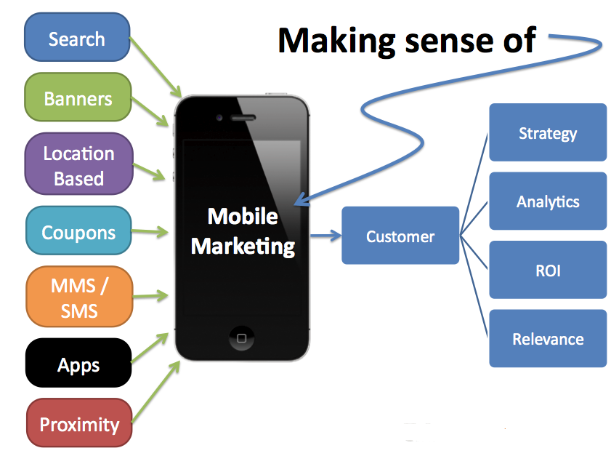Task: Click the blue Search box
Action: coord(77,39)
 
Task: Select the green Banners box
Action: coord(78,98)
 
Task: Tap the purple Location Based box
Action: coord(78,166)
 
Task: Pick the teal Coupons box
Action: coord(78,233)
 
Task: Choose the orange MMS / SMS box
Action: coord(79,298)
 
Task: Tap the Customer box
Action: coord(400,236)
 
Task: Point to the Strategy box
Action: coord(548,132)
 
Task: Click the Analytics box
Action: coord(548,201)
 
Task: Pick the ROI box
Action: coord(548,271)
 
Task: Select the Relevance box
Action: coord(548,339)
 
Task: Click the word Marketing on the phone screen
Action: coord(243,246)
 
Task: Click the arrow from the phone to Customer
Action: coord(325,236)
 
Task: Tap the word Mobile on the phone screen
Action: coord(243,216)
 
